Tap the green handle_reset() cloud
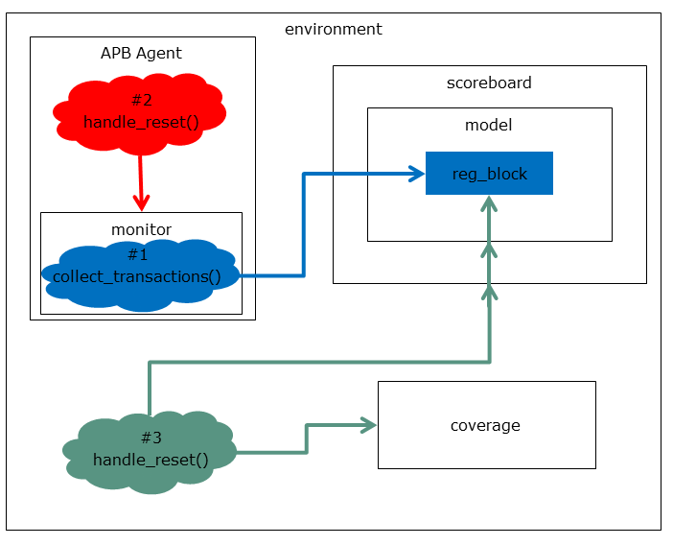(151, 451)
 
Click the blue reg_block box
(489, 174)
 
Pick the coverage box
(486, 425)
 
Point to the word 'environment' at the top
(333, 29)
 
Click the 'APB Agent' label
(141, 53)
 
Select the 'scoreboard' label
(489, 83)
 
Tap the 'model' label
(488, 125)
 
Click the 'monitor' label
(141, 229)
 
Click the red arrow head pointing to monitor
(141, 202)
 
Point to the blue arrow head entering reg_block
(416, 174)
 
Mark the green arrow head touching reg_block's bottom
(490, 203)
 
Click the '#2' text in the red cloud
(141, 100)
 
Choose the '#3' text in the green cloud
(151, 438)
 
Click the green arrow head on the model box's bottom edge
(490, 249)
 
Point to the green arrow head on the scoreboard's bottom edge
(490, 291)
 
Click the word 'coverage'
(486, 425)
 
